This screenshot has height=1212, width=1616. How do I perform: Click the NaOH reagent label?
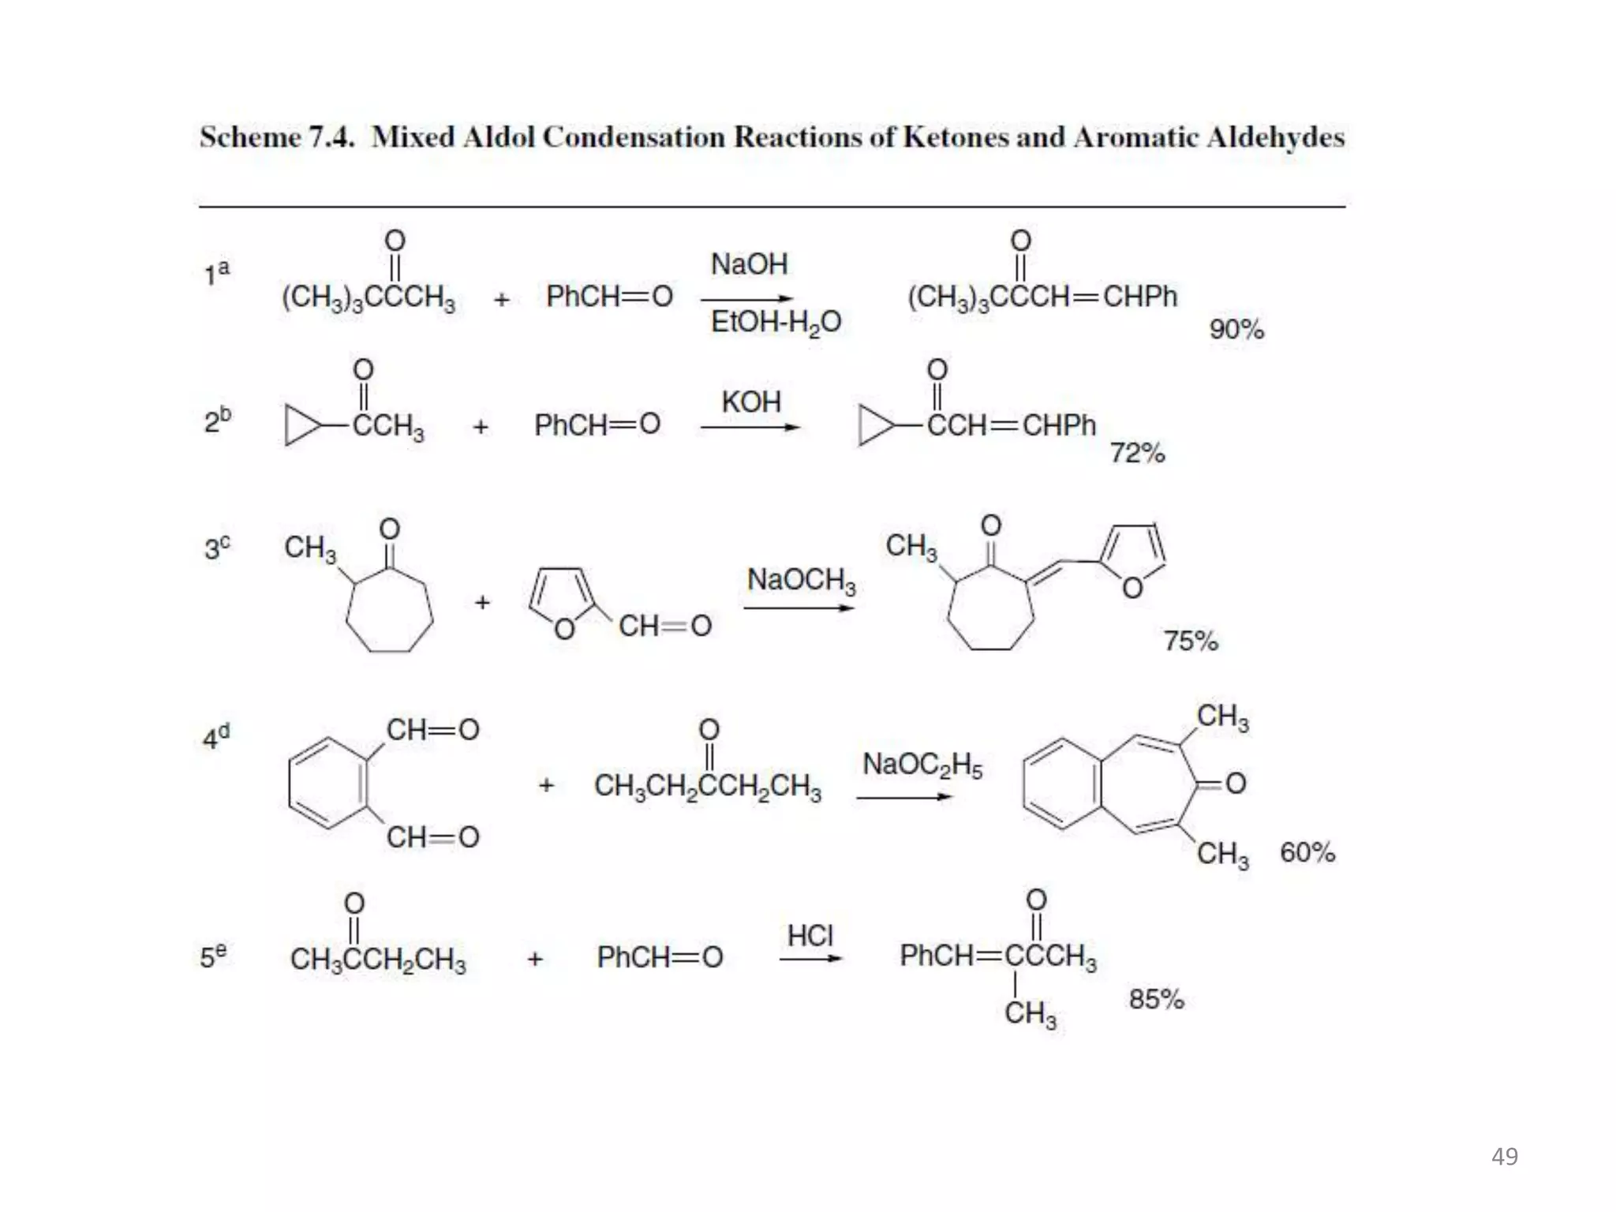tap(749, 264)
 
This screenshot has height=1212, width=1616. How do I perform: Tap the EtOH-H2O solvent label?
tap(776, 323)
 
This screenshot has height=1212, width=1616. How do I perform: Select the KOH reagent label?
tap(750, 402)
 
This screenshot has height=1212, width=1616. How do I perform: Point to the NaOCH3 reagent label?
tap(801, 581)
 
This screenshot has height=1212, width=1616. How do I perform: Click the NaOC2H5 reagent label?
tap(922, 765)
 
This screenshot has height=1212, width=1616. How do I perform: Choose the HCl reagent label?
tap(810, 936)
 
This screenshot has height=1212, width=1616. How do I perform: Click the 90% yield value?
tap(1236, 330)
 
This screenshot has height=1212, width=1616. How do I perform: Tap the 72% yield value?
tap(1137, 453)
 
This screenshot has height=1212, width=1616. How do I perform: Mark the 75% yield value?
tap(1191, 641)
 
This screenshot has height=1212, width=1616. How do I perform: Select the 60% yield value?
tap(1307, 853)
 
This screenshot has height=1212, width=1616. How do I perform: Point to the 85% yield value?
tap(1156, 1000)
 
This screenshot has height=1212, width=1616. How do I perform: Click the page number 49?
tap(1504, 1157)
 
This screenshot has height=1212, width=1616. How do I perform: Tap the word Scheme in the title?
tap(249, 137)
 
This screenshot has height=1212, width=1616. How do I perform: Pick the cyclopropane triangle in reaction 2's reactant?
tap(300, 426)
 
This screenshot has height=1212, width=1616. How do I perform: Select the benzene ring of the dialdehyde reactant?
tap(328, 784)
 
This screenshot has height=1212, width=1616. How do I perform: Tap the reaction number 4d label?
tap(216, 737)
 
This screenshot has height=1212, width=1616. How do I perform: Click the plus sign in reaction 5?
tap(535, 959)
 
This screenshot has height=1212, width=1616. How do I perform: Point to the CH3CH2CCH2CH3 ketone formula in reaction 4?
tap(707, 786)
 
